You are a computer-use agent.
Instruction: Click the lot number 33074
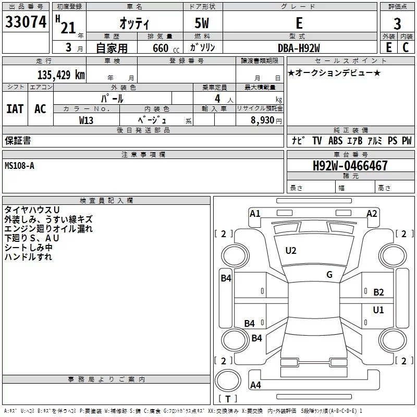[x=26, y=22]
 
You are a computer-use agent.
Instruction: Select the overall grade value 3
[x=397, y=24]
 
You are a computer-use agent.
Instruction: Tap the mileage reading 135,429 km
[x=61, y=75]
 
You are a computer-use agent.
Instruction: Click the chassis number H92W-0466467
[x=350, y=166]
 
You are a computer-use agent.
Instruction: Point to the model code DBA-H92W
[x=299, y=48]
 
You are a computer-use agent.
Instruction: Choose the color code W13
[x=86, y=120]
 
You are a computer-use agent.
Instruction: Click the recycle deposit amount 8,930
[x=262, y=120]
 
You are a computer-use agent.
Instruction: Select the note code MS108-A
[x=19, y=166]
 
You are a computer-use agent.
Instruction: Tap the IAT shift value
[x=15, y=109]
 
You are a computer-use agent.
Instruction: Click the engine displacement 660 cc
[x=166, y=48]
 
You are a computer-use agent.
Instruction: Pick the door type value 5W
[x=202, y=23]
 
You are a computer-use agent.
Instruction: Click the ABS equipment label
[x=335, y=141]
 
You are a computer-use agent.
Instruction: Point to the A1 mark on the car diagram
[x=255, y=214]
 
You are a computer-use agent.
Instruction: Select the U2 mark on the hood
[x=291, y=251]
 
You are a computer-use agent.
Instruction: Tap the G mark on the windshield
[x=329, y=275]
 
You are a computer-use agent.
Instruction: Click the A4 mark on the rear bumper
[x=255, y=385]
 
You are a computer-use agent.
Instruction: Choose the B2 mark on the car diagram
[x=378, y=292]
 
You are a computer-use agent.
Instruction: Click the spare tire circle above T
[x=228, y=381]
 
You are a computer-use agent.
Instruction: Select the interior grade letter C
[x=406, y=47]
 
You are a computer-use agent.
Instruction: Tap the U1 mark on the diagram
[x=378, y=310]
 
